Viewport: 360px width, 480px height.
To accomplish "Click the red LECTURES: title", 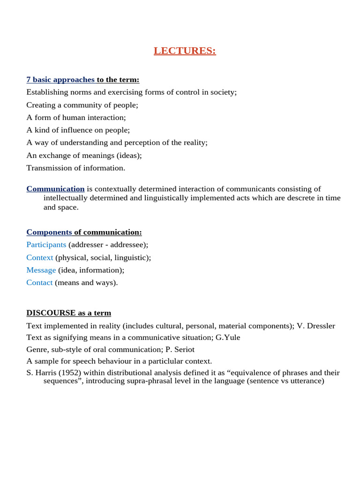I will click(x=185, y=51).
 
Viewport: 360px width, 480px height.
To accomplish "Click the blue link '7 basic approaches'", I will click(x=60, y=80).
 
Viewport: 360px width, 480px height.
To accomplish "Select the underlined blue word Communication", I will click(x=55, y=189).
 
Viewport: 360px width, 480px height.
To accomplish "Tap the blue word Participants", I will click(x=46, y=245).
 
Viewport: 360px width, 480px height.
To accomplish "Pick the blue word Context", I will click(x=39, y=257).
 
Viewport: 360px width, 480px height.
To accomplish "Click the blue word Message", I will click(x=41, y=270).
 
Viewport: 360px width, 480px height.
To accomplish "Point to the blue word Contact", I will click(x=39, y=283).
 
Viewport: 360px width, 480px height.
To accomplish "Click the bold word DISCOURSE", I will click(x=51, y=313).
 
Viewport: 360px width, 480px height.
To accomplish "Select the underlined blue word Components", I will click(x=49, y=232).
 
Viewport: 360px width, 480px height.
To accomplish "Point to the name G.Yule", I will click(x=228, y=337).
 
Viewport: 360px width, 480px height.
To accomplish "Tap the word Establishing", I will click(x=47, y=92).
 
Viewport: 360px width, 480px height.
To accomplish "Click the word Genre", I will click(x=37, y=349).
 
